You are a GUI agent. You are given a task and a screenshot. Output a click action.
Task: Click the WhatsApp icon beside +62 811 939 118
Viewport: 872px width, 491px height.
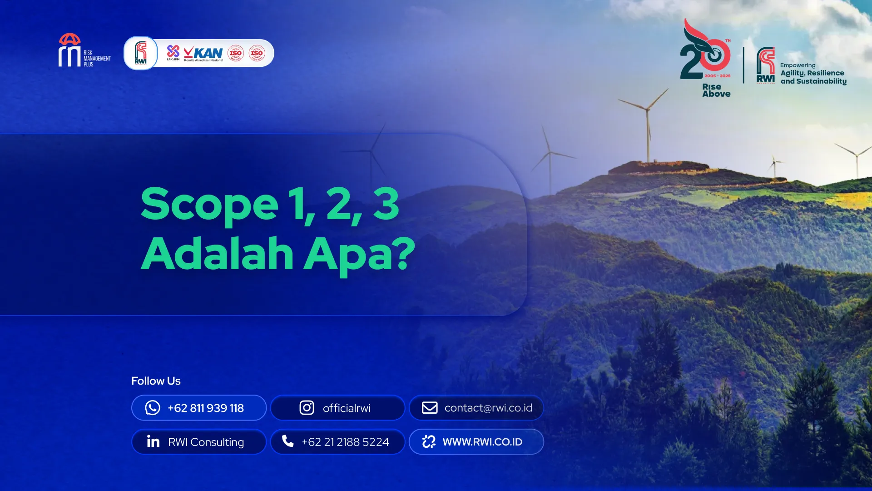[x=153, y=408]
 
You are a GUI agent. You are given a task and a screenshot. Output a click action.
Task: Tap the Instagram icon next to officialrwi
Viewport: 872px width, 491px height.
[x=307, y=408]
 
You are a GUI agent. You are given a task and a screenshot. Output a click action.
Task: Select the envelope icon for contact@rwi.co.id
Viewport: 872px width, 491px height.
[x=430, y=408]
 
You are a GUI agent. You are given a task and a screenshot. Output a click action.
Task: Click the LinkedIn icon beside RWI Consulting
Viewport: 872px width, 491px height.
[x=153, y=441]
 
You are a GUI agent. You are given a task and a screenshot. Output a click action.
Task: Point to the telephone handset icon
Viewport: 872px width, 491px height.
[x=288, y=441]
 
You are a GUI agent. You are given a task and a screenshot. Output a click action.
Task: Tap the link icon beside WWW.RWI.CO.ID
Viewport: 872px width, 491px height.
[x=429, y=441]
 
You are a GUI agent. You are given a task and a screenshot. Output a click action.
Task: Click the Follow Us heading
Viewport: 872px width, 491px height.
[x=156, y=381]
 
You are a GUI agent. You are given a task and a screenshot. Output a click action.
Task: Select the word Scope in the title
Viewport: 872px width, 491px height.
[x=209, y=204]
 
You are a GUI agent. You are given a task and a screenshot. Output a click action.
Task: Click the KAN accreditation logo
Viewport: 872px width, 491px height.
[x=203, y=53]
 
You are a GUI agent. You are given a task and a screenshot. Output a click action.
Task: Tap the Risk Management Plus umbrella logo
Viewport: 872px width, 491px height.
[x=70, y=50]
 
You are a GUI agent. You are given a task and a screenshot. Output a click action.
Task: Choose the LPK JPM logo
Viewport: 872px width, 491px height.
[x=173, y=53]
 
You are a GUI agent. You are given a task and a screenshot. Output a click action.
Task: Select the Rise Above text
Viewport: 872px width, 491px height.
[x=716, y=90]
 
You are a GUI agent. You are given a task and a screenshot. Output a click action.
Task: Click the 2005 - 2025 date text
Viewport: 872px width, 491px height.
[x=718, y=76]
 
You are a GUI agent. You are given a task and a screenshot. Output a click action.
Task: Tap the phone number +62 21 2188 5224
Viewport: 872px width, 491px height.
[x=345, y=442]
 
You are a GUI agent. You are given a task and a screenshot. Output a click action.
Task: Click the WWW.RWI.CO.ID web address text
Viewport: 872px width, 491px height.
[x=482, y=442]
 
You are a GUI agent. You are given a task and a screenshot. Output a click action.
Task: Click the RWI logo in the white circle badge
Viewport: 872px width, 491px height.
[x=141, y=53]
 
